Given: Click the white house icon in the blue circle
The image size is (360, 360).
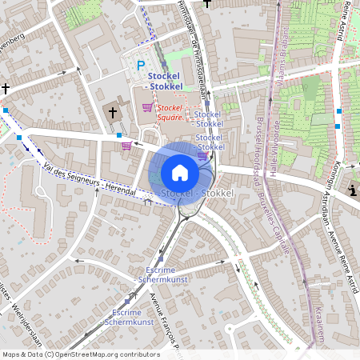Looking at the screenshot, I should point(180,172).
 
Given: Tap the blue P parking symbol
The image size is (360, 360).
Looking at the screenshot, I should point(142,66).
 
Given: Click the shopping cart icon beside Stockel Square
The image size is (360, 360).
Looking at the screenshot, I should point(146,107).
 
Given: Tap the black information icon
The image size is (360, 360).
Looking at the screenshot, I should point(354,190).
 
